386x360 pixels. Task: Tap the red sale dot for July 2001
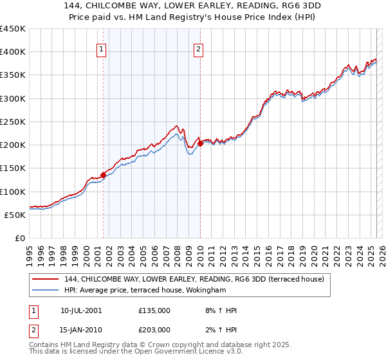click(x=103, y=175)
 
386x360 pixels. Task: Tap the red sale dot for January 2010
click(x=200, y=144)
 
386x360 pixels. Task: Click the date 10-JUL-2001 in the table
click(x=81, y=310)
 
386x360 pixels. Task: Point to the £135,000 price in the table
click(x=154, y=310)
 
